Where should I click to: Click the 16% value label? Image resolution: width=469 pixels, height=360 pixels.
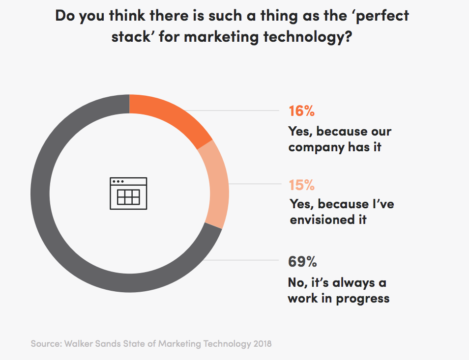[x=301, y=111]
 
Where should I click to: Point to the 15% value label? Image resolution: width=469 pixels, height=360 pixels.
[x=302, y=185]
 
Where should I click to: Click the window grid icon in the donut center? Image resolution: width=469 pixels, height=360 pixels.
[x=128, y=193]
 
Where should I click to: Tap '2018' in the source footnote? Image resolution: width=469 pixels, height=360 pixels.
[x=259, y=343]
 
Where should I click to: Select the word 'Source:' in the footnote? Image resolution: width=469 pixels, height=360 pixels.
[x=45, y=343]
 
